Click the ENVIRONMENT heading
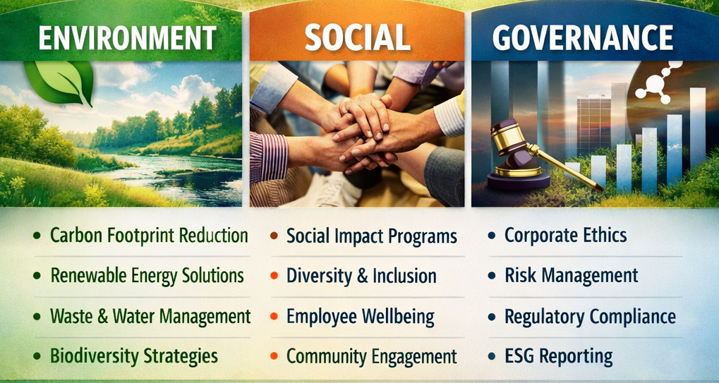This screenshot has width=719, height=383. pos(126,38)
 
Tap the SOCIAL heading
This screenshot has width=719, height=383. pos(357,38)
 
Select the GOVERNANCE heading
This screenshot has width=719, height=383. pos(582,38)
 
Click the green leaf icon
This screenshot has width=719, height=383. pos(60,81)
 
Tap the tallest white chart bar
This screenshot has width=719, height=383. pos(697,138)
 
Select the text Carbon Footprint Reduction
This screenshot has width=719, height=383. pos(149,236)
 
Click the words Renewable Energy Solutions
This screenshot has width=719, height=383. pos(147,275)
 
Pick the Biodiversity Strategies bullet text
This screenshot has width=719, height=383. pos(134,355)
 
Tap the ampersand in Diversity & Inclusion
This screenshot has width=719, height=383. pos(362,276)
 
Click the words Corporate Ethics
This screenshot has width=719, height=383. pos(565,236)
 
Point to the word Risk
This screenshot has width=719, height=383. pos(521,275)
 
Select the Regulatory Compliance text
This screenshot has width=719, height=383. pos(590,316)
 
